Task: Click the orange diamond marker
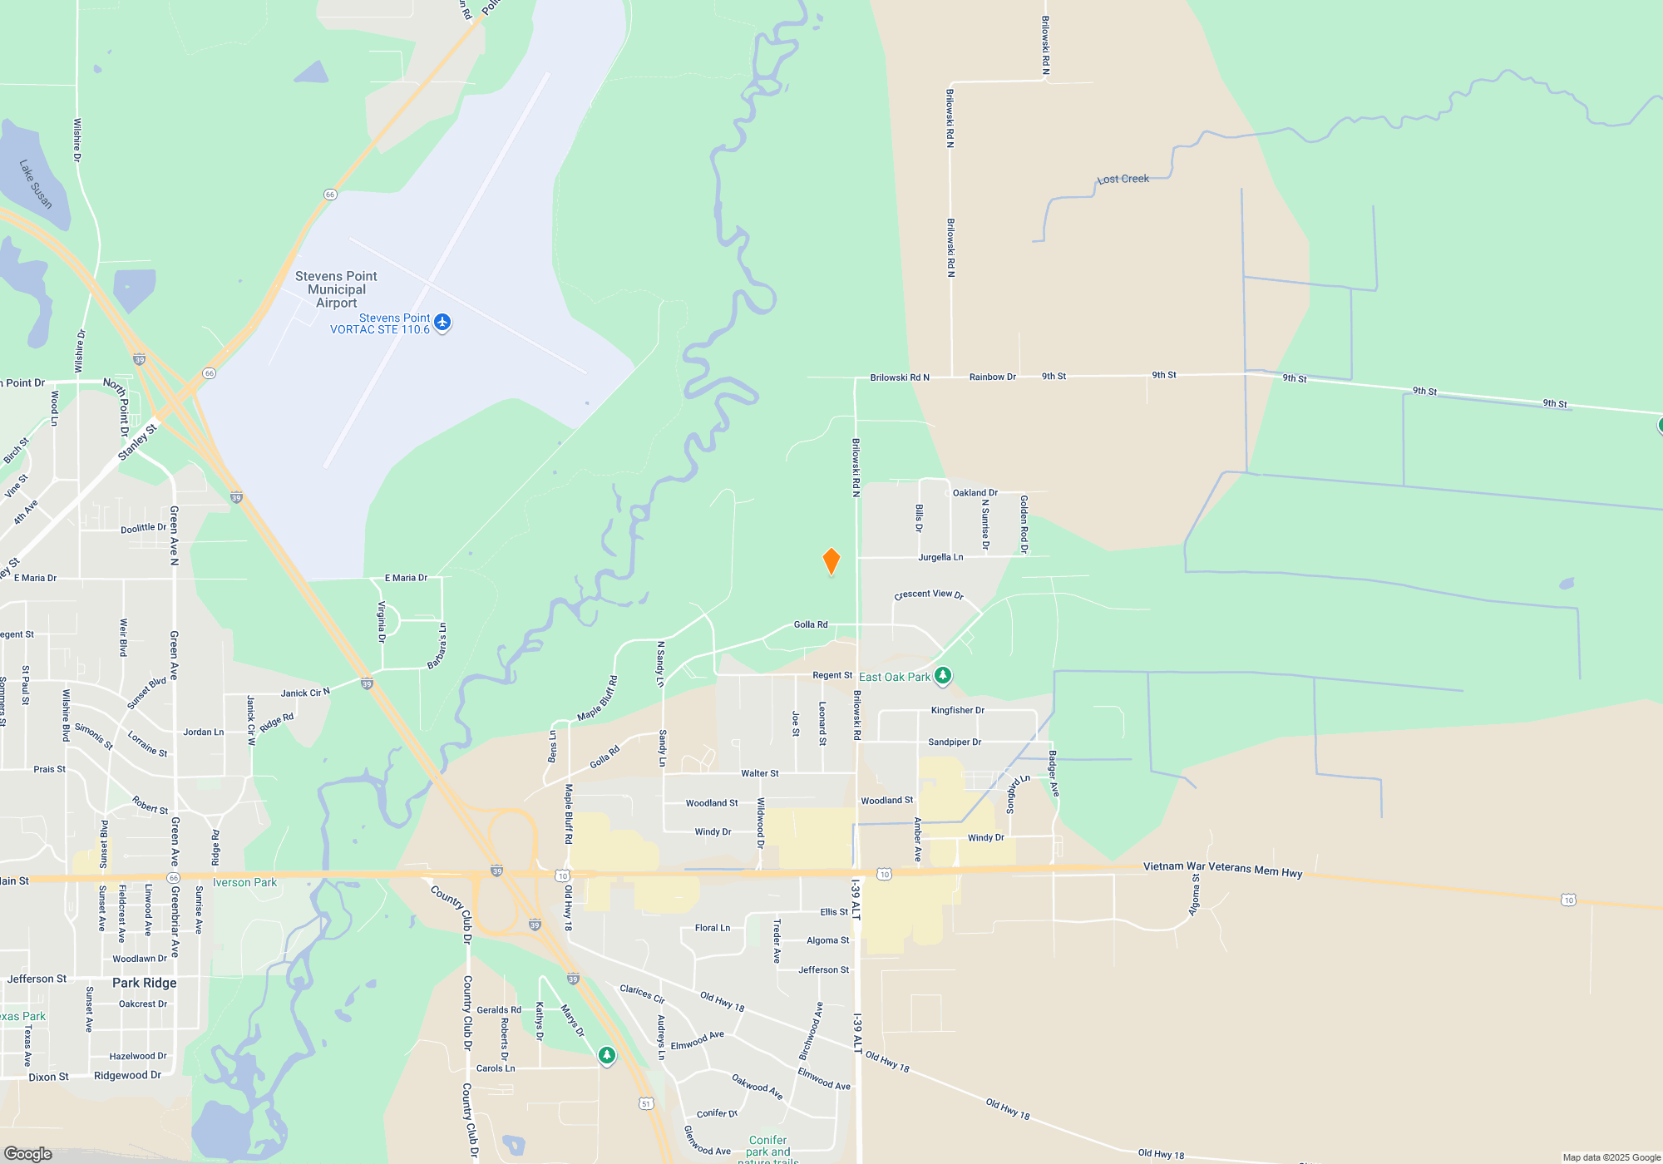click(831, 561)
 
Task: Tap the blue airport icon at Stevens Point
click(442, 322)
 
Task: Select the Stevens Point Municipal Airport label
click(336, 289)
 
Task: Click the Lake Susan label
click(36, 184)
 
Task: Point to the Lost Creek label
click(1123, 179)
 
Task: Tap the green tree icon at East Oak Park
click(942, 675)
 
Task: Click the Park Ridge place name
click(145, 983)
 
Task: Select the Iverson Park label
click(244, 882)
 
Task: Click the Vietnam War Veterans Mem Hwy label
click(1222, 869)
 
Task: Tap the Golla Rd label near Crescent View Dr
click(810, 624)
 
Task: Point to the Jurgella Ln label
click(940, 557)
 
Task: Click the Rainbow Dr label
click(992, 377)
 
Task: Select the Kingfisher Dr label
click(957, 710)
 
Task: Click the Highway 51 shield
click(646, 1103)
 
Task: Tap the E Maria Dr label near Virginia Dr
click(406, 578)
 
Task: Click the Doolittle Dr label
click(143, 528)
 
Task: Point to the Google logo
click(28, 1153)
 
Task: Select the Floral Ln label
click(713, 928)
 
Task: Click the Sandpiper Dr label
click(955, 742)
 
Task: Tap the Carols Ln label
click(496, 1068)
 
